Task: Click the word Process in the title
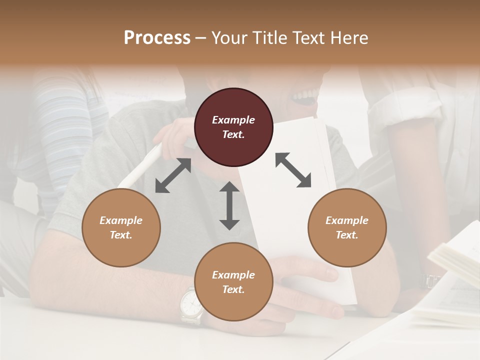(157, 38)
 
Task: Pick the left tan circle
(121, 227)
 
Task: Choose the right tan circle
(347, 227)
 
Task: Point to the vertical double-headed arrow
(229, 205)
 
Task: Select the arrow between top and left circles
(173, 175)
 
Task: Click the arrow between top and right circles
(293, 170)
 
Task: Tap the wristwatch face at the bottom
(190, 303)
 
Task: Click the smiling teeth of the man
(305, 94)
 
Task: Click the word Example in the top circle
(233, 120)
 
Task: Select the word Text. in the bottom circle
(233, 289)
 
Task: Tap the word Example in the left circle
(121, 220)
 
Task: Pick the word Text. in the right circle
(347, 235)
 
